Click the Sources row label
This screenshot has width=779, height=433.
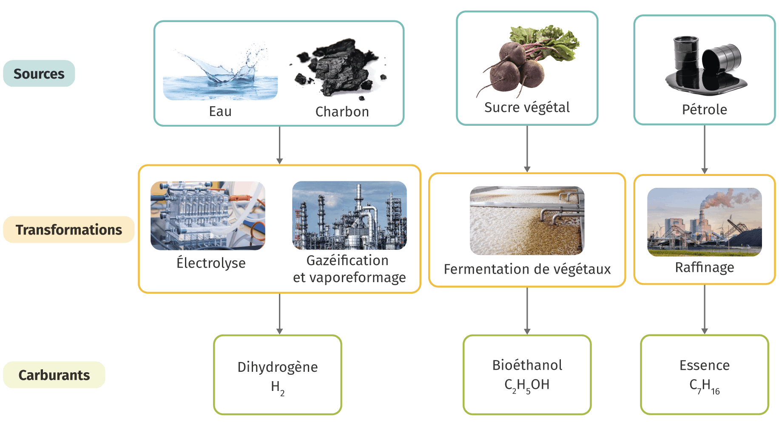(x=39, y=74)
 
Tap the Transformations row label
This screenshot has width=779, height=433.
(x=69, y=229)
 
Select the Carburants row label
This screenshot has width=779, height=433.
(x=54, y=375)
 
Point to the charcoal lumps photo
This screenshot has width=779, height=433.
(x=338, y=68)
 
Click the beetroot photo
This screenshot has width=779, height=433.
(x=527, y=59)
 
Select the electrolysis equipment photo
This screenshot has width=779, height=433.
(x=208, y=215)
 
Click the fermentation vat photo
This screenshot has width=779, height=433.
(x=527, y=221)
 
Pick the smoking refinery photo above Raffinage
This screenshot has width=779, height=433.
(x=704, y=222)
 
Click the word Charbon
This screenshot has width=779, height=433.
(x=342, y=112)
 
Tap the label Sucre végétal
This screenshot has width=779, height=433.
(x=527, y=108)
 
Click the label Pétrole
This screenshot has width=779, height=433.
(x=705, y=110)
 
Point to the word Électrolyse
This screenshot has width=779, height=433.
(x=211, y=263)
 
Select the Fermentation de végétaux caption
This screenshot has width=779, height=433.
(x=527, y=269)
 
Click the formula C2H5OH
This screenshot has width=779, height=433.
(x=527, y=385)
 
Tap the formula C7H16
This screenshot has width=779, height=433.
(x=705, y=386)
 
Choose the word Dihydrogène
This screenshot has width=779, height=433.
(x=278, y=367)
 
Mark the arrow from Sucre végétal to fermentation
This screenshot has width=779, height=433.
(x=527, y=149)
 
